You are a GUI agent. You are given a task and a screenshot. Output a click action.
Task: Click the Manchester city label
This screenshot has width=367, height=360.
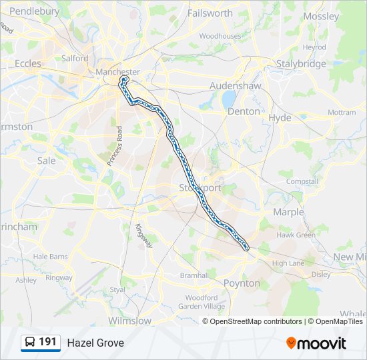point(117,72)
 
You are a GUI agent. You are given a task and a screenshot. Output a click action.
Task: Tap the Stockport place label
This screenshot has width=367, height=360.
point(200,188)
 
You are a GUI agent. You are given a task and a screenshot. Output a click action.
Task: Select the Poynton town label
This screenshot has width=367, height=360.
point(242,283)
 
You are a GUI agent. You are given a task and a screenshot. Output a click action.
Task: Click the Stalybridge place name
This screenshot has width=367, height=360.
point(302,64)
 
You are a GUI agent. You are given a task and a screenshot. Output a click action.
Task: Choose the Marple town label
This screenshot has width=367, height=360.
point(288,212)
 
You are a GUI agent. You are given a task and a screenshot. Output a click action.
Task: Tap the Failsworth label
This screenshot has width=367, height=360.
point(210,13)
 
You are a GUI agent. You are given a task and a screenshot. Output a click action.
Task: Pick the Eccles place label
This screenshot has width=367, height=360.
point(28,64)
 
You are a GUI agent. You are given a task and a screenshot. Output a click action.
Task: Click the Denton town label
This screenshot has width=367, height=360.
point(244,111)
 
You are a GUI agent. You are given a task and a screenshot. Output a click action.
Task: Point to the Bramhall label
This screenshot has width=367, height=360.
point(194,275)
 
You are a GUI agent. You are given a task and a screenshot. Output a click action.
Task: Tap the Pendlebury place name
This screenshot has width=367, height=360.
point(35,11)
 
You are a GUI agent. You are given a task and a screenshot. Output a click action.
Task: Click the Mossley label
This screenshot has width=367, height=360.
point(321,16)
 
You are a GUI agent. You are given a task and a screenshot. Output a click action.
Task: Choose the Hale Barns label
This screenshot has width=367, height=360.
point(51,256)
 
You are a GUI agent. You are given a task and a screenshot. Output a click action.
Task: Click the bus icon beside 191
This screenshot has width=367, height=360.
point(30,343)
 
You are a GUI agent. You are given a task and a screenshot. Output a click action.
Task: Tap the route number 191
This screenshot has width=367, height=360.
point(47,342)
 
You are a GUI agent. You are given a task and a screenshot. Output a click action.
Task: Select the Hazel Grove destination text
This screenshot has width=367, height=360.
point(95,343)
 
